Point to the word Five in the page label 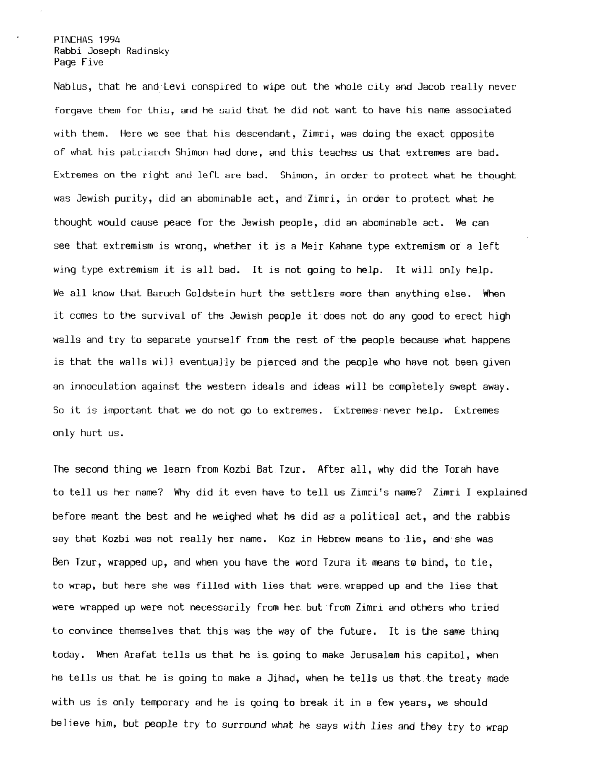(x=93, y=63)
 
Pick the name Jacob (x=430, y=87)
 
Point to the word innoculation (x=103, y=387)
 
